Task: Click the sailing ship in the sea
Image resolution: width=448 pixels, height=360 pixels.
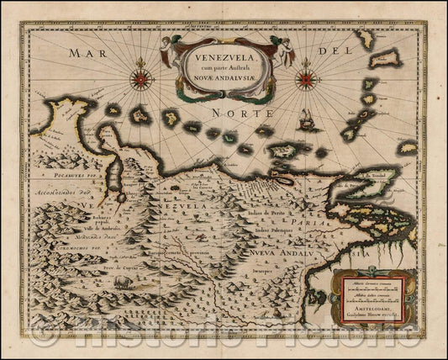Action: point(311,120)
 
